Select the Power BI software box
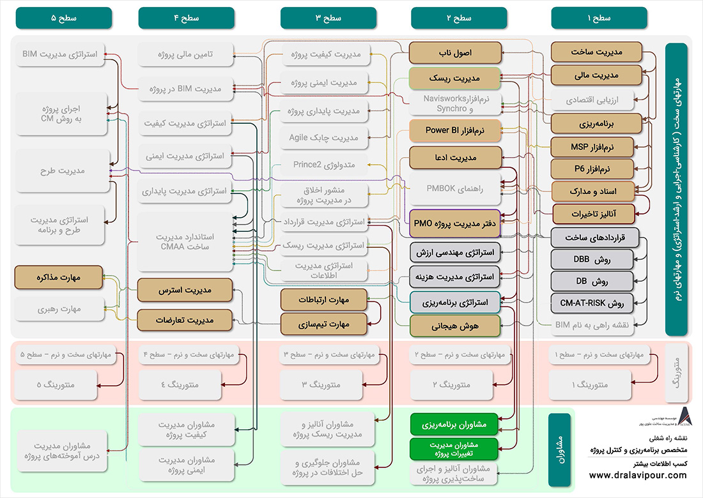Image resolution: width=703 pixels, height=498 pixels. click(455, 131)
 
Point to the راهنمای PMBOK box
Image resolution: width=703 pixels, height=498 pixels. click(455, 188)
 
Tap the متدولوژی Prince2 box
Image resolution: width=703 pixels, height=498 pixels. click(322, 165)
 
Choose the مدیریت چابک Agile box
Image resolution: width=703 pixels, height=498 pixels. click(322, 137)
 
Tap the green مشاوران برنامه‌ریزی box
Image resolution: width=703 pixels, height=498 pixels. click(455, 424)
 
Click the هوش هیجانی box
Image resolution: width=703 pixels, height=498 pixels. click(455, 326)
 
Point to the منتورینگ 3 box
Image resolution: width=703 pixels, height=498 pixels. click(322, 385)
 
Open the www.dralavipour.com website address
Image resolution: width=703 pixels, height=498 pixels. click(638, 475)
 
